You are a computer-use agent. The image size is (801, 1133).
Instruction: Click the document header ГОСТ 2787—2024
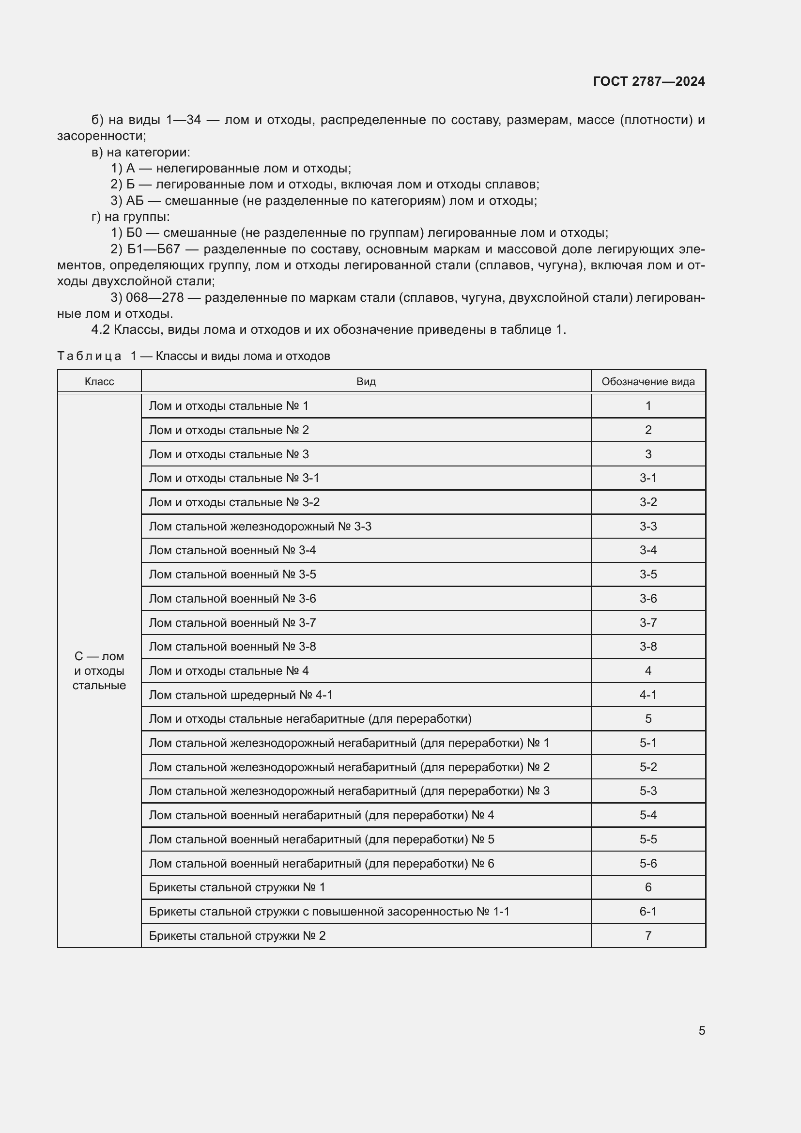[x=648, y=81]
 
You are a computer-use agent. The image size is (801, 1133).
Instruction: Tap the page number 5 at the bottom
[x=701, y=1030]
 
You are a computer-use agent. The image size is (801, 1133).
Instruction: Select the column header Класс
[x=99, y=381]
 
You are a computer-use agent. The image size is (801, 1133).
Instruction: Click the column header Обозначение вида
[x=647, y=381]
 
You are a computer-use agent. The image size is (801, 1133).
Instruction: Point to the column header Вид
[x=366, y=381]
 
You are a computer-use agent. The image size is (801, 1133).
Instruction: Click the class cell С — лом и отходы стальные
[x=99, y=670]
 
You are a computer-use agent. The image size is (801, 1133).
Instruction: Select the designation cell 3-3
[x=647, y=527]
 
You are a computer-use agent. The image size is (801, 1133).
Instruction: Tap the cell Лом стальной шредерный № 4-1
[x=241, y=695]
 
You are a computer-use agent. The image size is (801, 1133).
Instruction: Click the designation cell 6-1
[x=647, y=912]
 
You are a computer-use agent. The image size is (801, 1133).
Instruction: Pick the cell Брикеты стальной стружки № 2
[x=237, y=936]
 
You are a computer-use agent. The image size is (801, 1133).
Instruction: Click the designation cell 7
[x=647, y=936]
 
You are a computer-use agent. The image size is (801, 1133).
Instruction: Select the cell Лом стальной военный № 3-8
[x=232, y=647]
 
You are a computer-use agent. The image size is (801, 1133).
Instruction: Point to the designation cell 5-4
[x=647, y=815]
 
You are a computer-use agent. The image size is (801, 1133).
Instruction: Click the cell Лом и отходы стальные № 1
[x=229, y=406]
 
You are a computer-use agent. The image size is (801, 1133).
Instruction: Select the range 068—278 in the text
[x=155, y=297]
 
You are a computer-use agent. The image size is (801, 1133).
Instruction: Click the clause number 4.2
[x=100, y=330]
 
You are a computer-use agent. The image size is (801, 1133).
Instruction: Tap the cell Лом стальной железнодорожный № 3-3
[x=260, y=527]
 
